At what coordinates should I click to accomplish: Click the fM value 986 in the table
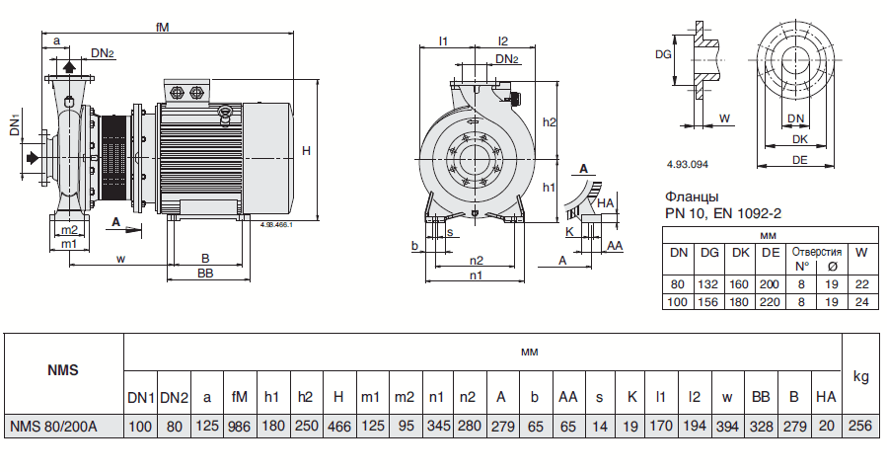point(239,426)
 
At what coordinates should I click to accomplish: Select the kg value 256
point(860,426)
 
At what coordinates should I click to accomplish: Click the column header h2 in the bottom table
point(305,397)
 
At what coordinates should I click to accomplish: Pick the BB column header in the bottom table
point(761,397)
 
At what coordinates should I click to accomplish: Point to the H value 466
point(338,426)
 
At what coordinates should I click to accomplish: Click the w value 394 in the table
point(727,426)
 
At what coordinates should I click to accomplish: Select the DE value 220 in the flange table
point(770,301)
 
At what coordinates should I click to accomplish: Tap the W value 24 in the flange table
point(861,301)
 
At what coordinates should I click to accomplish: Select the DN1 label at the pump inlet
point(16,126)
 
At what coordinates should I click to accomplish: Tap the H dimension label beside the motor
point(307,150)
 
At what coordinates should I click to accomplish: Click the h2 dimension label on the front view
point(551,121)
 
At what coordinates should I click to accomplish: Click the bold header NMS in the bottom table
point(62,371)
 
